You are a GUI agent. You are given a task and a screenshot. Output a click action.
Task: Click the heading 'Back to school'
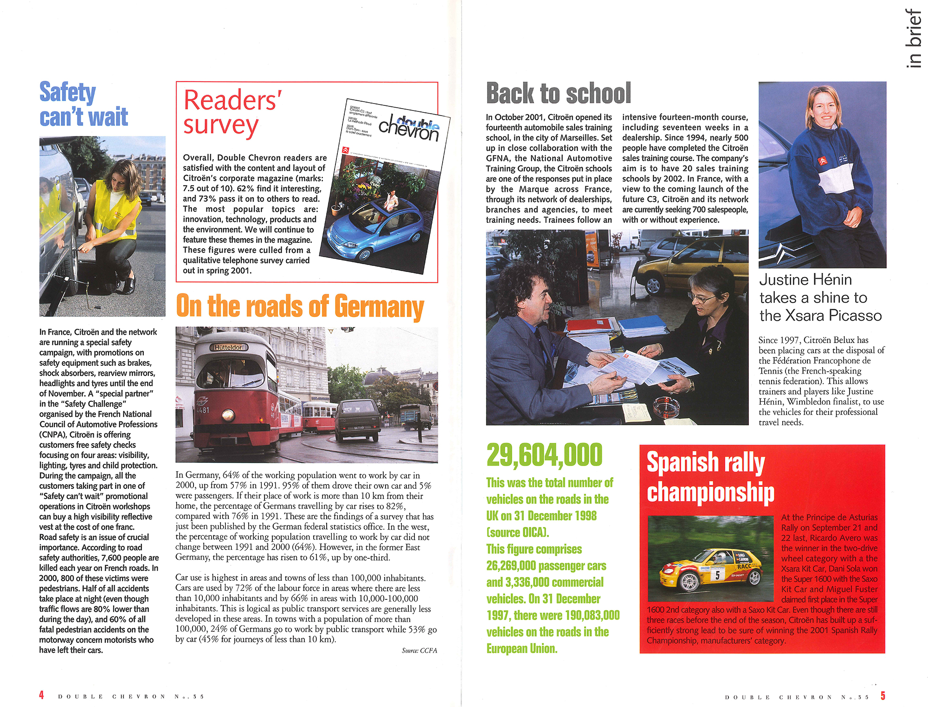(x=558, y=93)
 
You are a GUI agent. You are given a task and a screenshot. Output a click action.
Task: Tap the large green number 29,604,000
(x=544, y=454)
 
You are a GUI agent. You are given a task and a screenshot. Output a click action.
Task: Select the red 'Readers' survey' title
(x=232, y=113)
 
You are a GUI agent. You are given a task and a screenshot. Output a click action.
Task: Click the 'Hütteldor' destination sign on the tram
(x=229, y=347)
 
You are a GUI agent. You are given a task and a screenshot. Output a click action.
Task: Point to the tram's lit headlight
(x=228, y=415)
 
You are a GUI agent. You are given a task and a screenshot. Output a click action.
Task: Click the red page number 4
(x=41, y=695)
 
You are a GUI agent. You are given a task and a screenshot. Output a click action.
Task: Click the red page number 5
(x=883, y=695)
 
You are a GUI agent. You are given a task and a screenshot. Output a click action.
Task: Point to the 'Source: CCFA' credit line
(x=419, y=650)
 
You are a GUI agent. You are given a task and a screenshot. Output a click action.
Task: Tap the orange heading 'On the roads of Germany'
(x=300, y=306)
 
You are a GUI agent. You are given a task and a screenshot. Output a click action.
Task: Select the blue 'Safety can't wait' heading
(x=83, y=104)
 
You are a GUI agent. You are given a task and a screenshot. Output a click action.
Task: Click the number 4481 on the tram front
(x=202, y=410)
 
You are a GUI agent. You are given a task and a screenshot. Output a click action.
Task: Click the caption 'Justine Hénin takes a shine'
(x=820, y=297)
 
